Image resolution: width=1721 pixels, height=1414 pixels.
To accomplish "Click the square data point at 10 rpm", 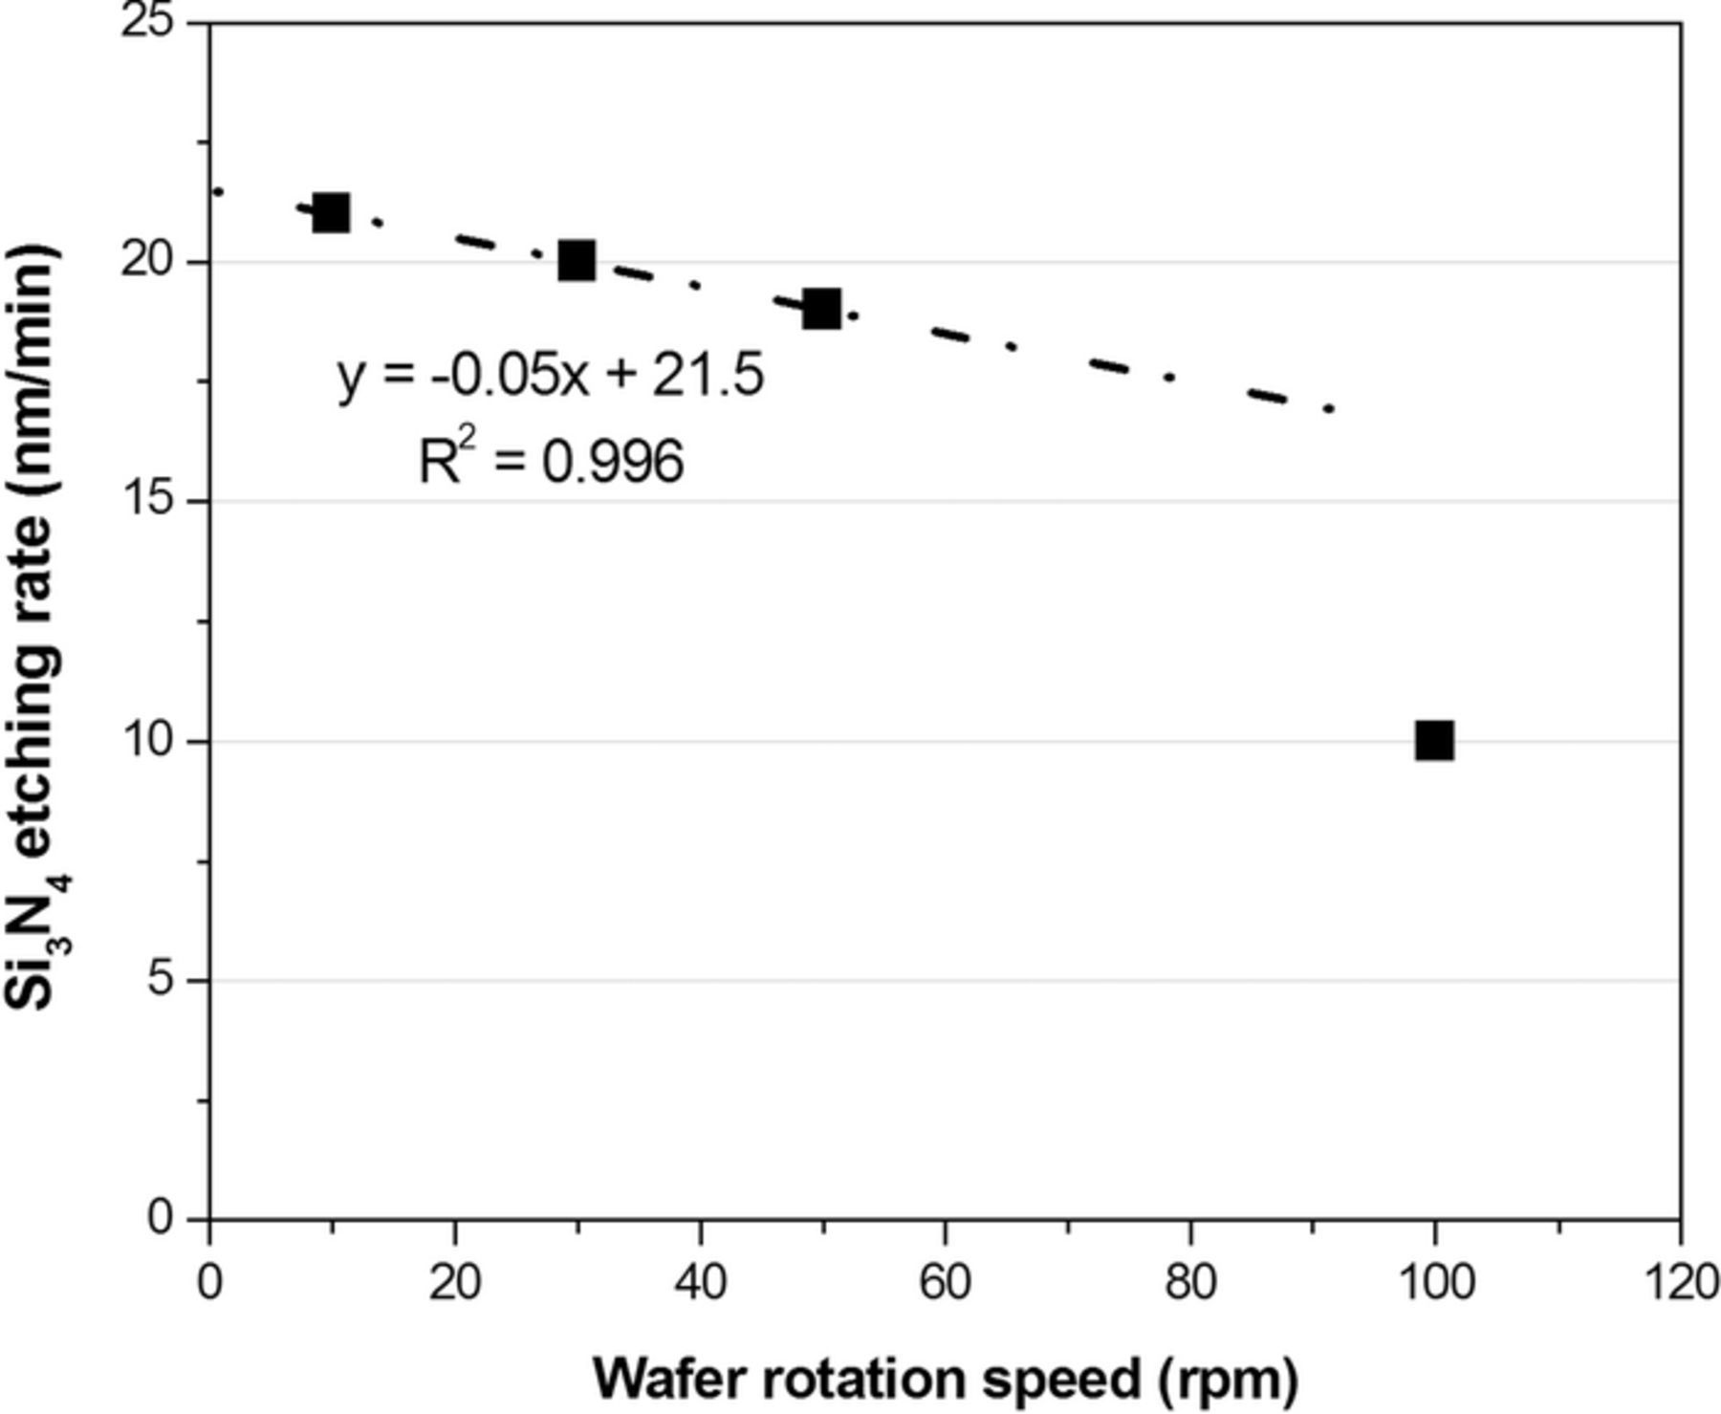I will (331, 212).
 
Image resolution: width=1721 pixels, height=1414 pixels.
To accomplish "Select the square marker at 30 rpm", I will (577, 260).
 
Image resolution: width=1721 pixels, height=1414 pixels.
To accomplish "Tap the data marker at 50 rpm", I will (821, 309).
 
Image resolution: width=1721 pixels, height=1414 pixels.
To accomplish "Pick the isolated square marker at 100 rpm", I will (1434, 740).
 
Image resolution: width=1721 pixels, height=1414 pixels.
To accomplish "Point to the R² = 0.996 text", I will (552, 462).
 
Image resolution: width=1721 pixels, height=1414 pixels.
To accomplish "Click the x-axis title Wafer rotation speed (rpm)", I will (946, 1378).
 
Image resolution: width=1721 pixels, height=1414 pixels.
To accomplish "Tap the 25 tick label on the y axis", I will (150, 21).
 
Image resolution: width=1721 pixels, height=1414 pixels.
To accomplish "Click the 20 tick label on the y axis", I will (150, 261).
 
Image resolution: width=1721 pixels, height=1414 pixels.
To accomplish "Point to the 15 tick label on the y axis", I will (150, 500).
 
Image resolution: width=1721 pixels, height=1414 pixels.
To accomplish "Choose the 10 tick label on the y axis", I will (150, 740).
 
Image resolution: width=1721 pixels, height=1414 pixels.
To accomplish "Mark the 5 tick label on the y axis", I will (163, 980).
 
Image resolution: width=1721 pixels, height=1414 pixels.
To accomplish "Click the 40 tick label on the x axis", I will (700, 1282).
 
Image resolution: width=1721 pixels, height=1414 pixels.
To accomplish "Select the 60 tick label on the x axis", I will (945, 1282).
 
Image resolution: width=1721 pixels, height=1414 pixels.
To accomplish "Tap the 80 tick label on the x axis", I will (1190, 1282).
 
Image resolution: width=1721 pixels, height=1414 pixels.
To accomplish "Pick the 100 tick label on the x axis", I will (1434, 1282).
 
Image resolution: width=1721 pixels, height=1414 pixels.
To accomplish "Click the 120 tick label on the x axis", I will (1679, 1282).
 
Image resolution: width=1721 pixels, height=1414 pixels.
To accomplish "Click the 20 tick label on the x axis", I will (454, 1282).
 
